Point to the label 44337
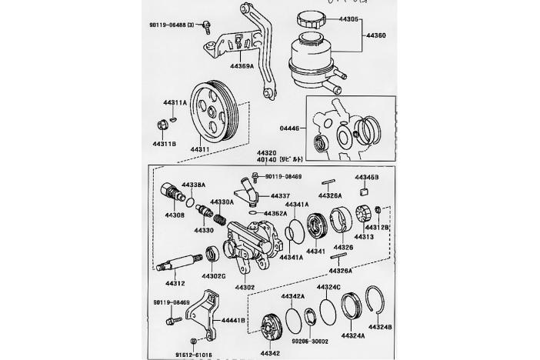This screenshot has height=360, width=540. tap(280, 196)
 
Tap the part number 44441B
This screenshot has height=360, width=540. tap(234, 319)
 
